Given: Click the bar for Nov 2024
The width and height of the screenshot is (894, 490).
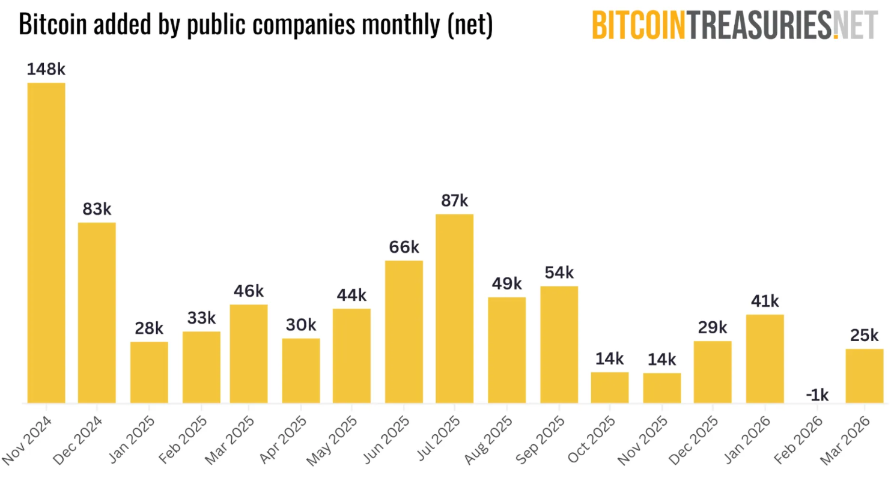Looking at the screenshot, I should point(46,243).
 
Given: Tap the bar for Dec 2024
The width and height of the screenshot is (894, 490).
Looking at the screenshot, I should point(97,312).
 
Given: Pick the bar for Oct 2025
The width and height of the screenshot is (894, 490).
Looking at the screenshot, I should point(609,387).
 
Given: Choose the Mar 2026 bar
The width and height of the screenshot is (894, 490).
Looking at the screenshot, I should point(864,375).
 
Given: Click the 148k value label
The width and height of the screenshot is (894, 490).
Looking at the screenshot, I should point(46,69).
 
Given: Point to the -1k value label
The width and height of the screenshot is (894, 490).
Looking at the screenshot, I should point(817,395).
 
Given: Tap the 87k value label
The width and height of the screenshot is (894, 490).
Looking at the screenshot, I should point(454,201).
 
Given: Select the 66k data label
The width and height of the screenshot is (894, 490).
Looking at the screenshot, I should point(404,247).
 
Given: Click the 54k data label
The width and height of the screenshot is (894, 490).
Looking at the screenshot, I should point(559,273).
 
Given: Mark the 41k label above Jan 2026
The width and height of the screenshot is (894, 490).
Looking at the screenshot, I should point(765,301).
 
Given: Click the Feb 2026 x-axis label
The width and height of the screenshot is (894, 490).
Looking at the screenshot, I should point(798,440).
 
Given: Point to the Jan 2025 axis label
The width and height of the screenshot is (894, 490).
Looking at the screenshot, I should point(132,440).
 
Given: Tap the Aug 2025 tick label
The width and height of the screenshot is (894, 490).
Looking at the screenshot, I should point(488,440).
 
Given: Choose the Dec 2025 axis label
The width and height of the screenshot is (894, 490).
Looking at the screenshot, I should point(693,441).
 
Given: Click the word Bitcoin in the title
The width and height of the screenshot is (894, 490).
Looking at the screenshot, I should point(52,25).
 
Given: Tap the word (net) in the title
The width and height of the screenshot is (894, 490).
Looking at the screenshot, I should point(470,25).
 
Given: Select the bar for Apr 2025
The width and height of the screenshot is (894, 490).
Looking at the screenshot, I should point(300,371).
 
